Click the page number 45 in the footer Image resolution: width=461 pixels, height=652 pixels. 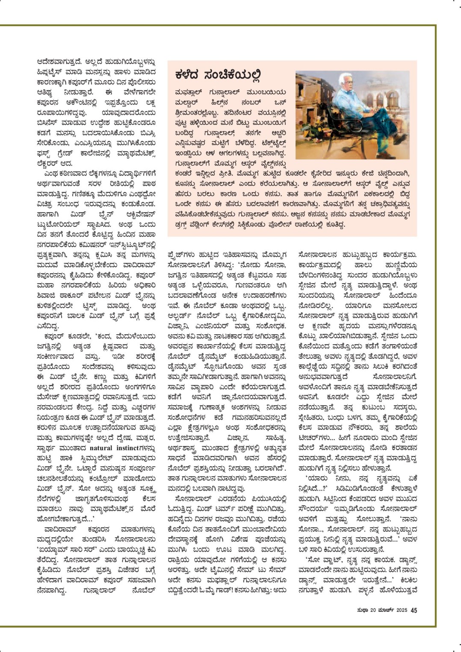click(414, 610)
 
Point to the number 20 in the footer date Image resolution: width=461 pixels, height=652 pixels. click(372, 610)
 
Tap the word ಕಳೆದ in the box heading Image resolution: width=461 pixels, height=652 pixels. click(187, 75)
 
